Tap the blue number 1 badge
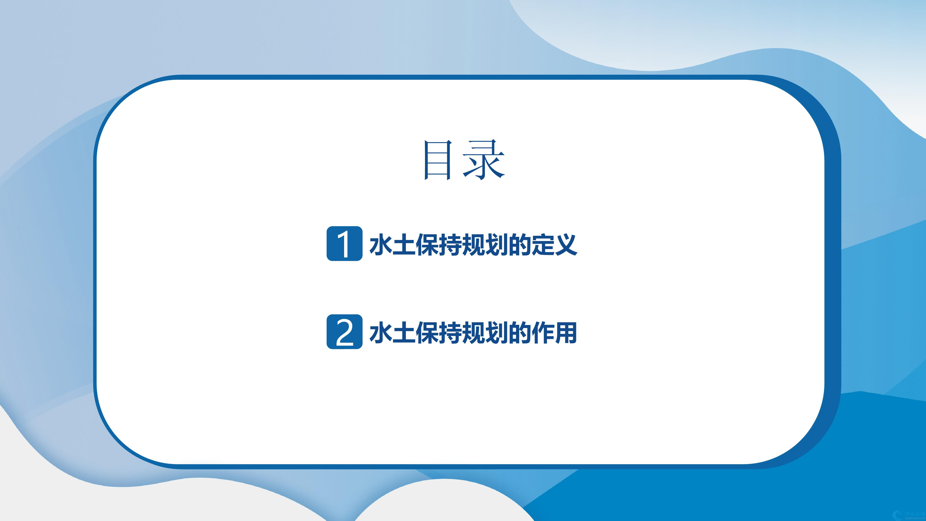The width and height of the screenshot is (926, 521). click(x=344, y=243)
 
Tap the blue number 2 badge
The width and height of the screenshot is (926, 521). click(x=344, y=332)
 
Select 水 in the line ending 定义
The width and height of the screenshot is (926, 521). click(x=381, y=244)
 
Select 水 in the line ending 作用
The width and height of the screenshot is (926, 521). click(x=381, y=333)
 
